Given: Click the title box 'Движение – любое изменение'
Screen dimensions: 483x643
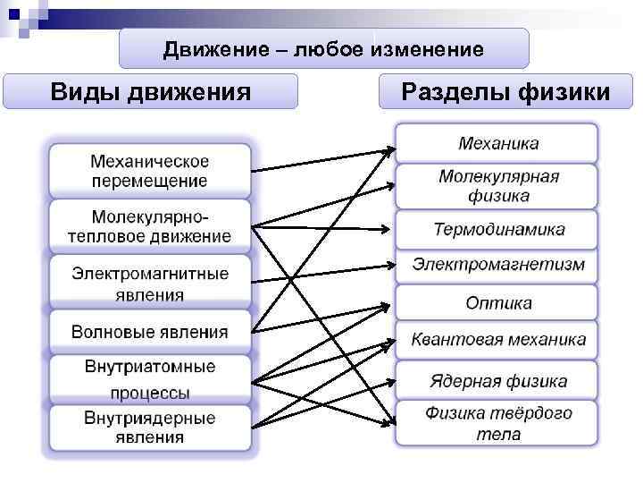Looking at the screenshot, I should click(x=323, y=49).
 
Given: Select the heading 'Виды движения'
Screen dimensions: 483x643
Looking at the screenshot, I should click(x=150, y=91).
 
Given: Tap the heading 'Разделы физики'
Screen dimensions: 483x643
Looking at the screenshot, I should click(x=505, y=91).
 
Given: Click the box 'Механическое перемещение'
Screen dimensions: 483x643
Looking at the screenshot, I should click(x=149, y=171).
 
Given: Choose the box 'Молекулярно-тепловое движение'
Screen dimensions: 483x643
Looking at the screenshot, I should click(x=149, y=226).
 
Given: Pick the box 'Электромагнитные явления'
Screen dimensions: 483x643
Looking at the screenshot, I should click(x=149, y=283).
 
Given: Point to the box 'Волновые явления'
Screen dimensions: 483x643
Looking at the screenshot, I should click(x=149, y=332).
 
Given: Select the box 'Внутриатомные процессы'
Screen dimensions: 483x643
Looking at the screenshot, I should click(x=149, y=379).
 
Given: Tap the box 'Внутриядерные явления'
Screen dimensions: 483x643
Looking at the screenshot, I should click(x=149, y=428).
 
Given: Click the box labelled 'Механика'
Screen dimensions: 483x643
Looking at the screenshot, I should click(x=497, y=143).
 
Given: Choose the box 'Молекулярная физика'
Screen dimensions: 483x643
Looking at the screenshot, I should click(x=497, y=186).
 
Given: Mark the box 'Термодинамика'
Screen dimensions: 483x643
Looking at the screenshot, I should click(x=497, y=230).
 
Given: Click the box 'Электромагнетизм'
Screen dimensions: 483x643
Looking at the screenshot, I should click(x=497, y=266).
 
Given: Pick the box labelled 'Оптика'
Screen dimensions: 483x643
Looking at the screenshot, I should click(x=497, y=303).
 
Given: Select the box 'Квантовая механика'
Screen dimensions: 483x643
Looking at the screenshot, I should click(x=497, y=340).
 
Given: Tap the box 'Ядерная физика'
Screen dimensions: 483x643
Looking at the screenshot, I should click(x=497, y=382).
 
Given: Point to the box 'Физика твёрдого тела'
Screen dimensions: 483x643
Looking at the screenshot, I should click(x=497, y=423).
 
